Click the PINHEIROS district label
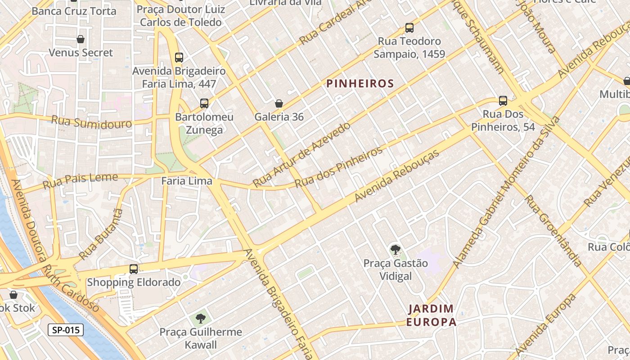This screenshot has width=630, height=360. pyautogui.click(x=360, y=84)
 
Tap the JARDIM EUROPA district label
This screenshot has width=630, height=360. pyautogui.click(x=431, y=315)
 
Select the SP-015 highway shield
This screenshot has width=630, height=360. pyautogui.click(x=66, y=330)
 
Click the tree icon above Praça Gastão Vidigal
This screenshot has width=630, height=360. pyautogui.click(x=396, y=249)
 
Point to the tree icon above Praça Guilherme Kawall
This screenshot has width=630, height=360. pyautogui.click(x=201, y=319)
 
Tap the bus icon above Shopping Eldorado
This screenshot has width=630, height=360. pyautogui.click(x=134, y=269)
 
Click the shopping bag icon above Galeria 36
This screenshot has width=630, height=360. pyautogui.click(x=279, y=104)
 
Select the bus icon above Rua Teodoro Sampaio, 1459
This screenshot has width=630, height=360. pyautogui.click(x=409, y=28)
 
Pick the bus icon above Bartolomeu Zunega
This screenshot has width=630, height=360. pyautogui.click(x=204, y=103)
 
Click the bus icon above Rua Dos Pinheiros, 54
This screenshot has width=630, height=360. pyautogui.click(x=503, y=101)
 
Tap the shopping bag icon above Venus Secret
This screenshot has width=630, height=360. pyautogui.click(x=81, y=40)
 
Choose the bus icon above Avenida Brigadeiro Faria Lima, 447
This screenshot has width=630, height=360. pyautogui.click(x=179, y=58)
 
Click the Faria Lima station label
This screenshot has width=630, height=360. pyautogui.click(x=187, y=181)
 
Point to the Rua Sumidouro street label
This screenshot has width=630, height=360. pyautogui.click(x=92, y=122)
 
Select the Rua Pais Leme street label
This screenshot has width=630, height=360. pyautogui.click(x=80, y=180)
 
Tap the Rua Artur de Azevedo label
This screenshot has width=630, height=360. pyautogui.click(x=301, y=154)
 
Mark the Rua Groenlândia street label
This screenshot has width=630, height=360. pyautogui.click(x=553, y=230)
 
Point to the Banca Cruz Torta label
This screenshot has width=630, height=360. pyautogui.click(x=74, y=11)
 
